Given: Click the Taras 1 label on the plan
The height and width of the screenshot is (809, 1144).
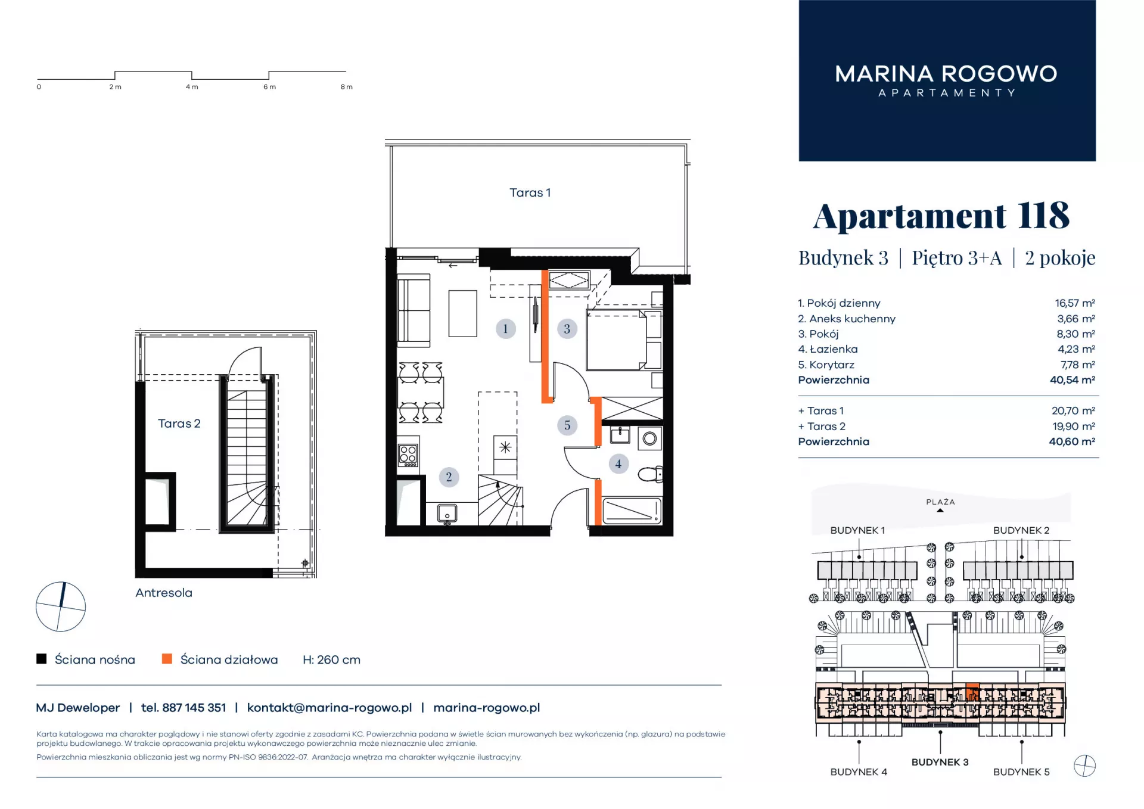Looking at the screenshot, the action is (530, 192).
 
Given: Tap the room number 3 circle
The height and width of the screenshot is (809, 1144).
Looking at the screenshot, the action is (567, 328).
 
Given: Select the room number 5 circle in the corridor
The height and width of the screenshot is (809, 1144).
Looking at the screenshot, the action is (567, 425).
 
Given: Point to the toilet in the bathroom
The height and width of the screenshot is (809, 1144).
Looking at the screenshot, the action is (650, 474).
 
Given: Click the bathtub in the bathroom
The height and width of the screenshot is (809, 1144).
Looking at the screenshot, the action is (632, 511).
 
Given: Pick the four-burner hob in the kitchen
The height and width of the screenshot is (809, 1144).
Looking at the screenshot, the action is (408, 456).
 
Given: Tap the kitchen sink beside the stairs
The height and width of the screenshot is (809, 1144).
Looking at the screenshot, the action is (447, 513).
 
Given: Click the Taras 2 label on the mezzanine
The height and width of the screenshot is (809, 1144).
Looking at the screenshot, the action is (179, 424).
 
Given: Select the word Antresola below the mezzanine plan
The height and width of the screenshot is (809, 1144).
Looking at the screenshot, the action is (164, 593).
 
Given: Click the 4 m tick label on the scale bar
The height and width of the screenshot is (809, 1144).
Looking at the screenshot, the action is (192, 87).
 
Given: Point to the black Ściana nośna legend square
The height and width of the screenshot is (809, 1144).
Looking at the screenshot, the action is (42, 659).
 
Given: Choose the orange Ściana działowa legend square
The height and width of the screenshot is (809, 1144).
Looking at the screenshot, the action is (167, 659).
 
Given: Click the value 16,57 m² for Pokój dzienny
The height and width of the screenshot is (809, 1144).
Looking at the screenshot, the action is (1075, 303).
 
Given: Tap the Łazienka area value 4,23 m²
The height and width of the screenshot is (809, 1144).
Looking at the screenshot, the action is (1076, 349).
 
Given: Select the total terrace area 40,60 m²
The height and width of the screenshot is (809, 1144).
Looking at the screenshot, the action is (1072, 441).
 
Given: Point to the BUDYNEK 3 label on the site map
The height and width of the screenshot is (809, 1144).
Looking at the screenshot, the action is (940, 762).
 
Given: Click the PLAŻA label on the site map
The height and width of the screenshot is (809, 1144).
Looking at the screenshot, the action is (940, 502).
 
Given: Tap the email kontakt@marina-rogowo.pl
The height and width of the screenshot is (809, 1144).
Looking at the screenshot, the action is (329, 708).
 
